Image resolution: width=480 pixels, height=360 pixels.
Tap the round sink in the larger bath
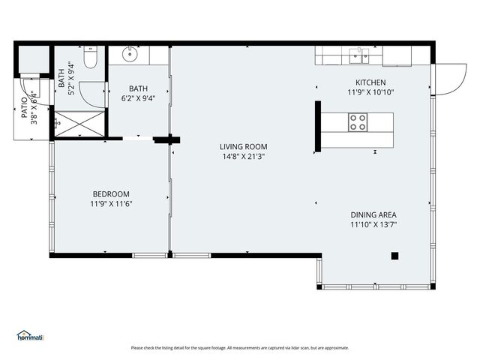130,54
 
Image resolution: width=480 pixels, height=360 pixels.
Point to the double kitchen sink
359,55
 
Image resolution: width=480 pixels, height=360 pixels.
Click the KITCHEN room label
370,82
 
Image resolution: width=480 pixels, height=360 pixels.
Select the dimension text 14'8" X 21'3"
243,157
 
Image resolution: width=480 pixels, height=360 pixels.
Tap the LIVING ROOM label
243,147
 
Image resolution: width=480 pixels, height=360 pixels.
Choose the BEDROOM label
111,193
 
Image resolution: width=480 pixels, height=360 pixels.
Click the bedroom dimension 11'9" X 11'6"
111,203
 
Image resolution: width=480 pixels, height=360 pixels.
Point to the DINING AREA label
373,214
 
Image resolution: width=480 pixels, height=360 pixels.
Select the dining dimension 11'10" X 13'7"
373,224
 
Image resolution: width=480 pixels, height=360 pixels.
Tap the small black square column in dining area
395,256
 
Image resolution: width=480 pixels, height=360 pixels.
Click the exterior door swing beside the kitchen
449,79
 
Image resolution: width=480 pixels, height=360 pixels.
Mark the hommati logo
31,336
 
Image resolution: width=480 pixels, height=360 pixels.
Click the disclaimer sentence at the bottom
240,348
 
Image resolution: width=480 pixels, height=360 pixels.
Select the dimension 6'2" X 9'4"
138,97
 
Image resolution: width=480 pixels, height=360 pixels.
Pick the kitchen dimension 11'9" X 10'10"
370,93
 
